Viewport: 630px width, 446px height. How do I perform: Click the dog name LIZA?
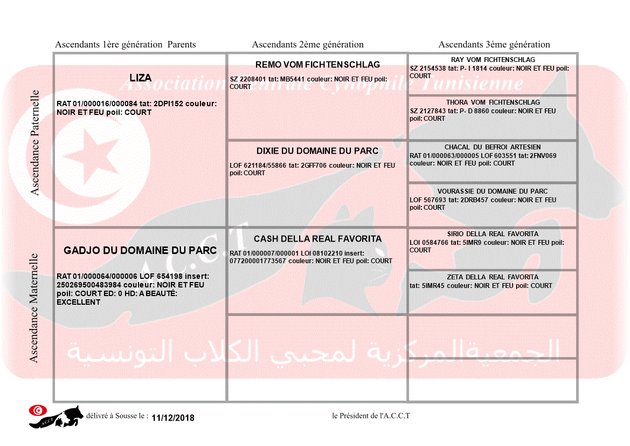[x=140, y=78]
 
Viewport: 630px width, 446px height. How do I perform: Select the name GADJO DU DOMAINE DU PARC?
[x=140, y=250]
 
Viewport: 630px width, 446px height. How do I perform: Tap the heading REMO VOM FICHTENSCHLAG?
[x=317, y=65]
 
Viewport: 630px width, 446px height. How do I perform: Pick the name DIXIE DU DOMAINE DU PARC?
[x=317, y=151]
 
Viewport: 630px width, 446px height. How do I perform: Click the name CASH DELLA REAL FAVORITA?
[x=317, y=239]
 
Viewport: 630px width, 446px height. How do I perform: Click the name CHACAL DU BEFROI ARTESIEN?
[x=493, y=147]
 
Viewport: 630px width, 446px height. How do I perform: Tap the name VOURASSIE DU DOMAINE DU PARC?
[x=493, y=191]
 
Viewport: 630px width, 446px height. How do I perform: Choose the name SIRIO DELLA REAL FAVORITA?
[x=493, y=234]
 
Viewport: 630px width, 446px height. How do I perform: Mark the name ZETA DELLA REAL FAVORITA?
[x=493, y=277]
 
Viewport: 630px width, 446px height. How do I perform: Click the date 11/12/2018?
[x=173, y=418]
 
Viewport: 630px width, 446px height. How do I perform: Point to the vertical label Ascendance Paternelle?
[x=35, y=142]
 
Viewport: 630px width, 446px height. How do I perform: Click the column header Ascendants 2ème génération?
[x=308, y=45]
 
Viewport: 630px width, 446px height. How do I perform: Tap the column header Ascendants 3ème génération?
[x=494, y=45]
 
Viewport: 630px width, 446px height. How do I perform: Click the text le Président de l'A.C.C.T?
[x=371, y=416]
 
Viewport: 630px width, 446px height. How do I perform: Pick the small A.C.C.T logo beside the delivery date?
[x=57, y=416]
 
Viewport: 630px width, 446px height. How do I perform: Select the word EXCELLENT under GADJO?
[x=79, y=303]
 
